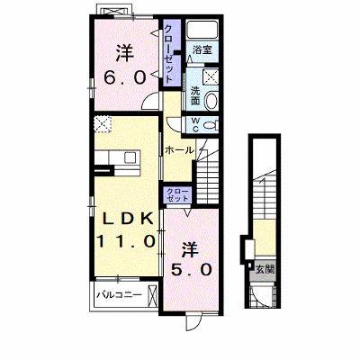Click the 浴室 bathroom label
(202, 49)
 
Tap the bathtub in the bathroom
(202, 30)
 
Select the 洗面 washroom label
(195, 95)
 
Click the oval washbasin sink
(211, 101)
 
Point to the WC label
(195, 125)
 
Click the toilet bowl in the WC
(211, 125)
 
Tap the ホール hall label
(179, 150)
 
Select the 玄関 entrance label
(265, 270)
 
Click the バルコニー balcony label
(119, 295)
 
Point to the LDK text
(128, 220)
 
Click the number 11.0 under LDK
(126, 240)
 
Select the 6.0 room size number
(125, 77)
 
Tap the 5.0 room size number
(192, 270)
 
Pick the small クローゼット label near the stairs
(178, 194)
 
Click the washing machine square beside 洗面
(211, 76)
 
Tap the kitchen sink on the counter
(131, 157)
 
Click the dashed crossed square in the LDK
(103, 124)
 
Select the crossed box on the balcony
(153, 296)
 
